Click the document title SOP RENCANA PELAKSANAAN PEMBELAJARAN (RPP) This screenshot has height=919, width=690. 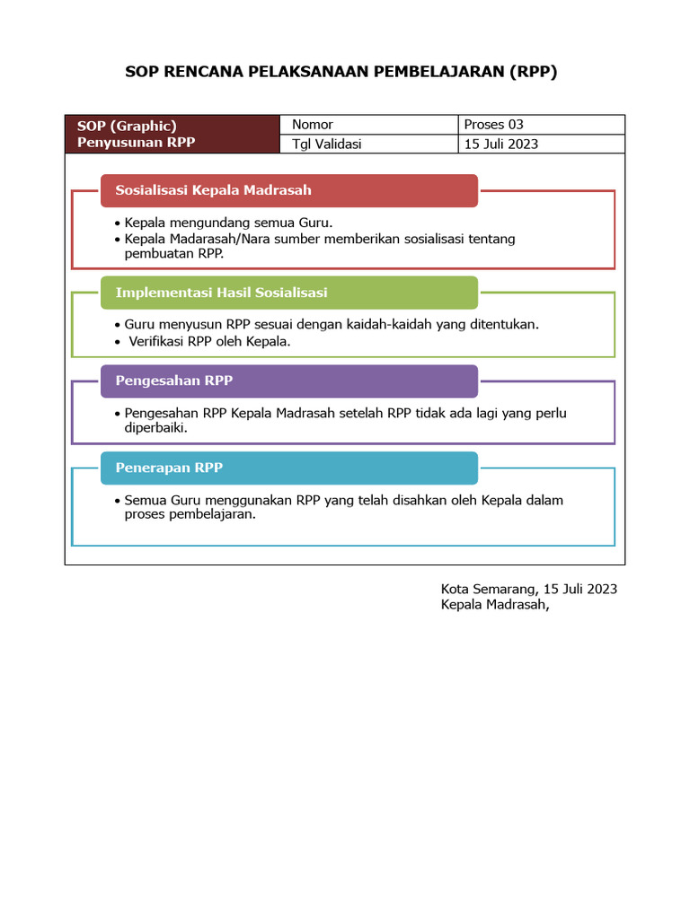coord(341,73)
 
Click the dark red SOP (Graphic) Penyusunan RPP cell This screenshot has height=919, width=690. coord(172,135)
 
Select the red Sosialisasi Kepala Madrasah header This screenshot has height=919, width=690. coord(287,190)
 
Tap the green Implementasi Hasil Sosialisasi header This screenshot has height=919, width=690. coord(287,293)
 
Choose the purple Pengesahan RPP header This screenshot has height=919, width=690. coord(287,381)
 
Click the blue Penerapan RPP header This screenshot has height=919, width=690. coord(287,468)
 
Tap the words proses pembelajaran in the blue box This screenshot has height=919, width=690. coord(190,515)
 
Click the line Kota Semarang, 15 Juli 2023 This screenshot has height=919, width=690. coord(528,589)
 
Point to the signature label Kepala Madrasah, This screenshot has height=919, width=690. coord(494,605)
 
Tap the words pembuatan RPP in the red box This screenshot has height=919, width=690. coord(173,254)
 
